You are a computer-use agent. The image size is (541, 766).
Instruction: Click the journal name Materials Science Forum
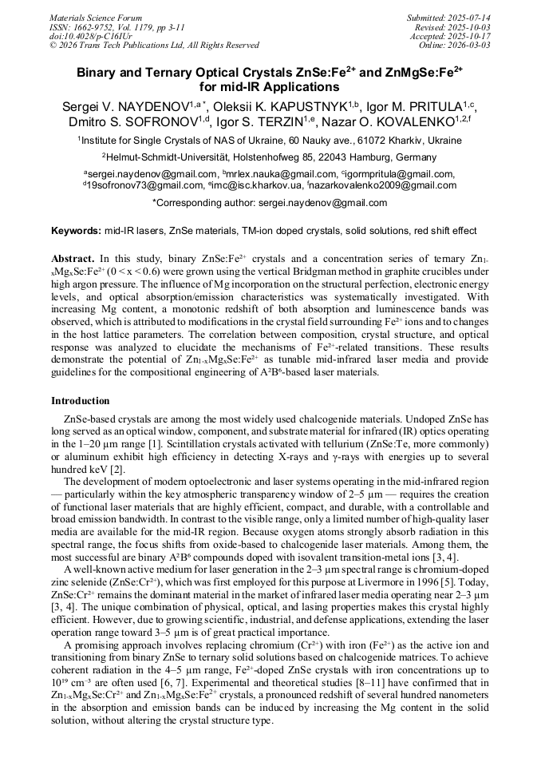[96, 18]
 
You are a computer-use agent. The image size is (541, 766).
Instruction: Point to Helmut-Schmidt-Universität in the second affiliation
[181, 157]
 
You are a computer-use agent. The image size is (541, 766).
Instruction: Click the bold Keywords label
[77, 231]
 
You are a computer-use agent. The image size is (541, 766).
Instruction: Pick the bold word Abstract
[73, 260]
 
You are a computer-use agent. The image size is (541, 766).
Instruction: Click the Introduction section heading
[81, 401]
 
